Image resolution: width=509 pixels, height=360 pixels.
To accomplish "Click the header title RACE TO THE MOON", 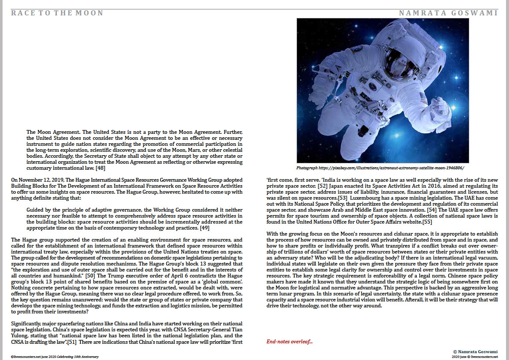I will click(x=57, y=13).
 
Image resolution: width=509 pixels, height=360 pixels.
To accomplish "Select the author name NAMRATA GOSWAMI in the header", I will click(x=448, y=13).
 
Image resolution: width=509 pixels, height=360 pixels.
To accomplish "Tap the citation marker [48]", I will click(x=100, y=168).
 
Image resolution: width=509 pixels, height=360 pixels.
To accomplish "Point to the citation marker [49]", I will click(x=205, y=228).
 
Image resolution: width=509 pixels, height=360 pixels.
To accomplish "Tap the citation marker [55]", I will click(x=427, y=222).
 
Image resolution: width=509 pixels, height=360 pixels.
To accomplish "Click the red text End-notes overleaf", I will click(x=289, y=342).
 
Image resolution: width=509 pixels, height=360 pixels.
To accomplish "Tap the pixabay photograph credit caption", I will click(x=380, y=168).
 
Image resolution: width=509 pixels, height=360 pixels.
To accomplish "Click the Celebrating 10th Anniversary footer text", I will click(x=77, y=357).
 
